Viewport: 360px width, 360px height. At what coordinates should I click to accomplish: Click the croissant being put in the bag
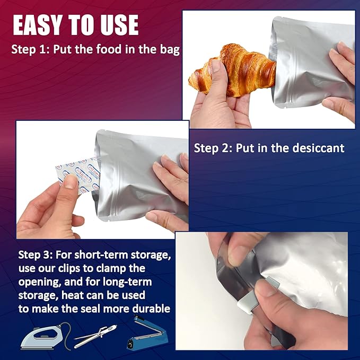[x=232, y=70]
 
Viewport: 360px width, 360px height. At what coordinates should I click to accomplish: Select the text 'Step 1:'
[x=31, y=49]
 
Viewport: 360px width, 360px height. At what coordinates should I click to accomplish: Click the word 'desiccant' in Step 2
[x=319, y=148]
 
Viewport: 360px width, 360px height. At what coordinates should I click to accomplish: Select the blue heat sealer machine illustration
[x=147, y=333]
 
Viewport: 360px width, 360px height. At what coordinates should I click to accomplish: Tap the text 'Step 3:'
[x=35, y=254]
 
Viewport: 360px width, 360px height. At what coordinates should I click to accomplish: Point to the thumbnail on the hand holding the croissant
[x=216, y=65]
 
